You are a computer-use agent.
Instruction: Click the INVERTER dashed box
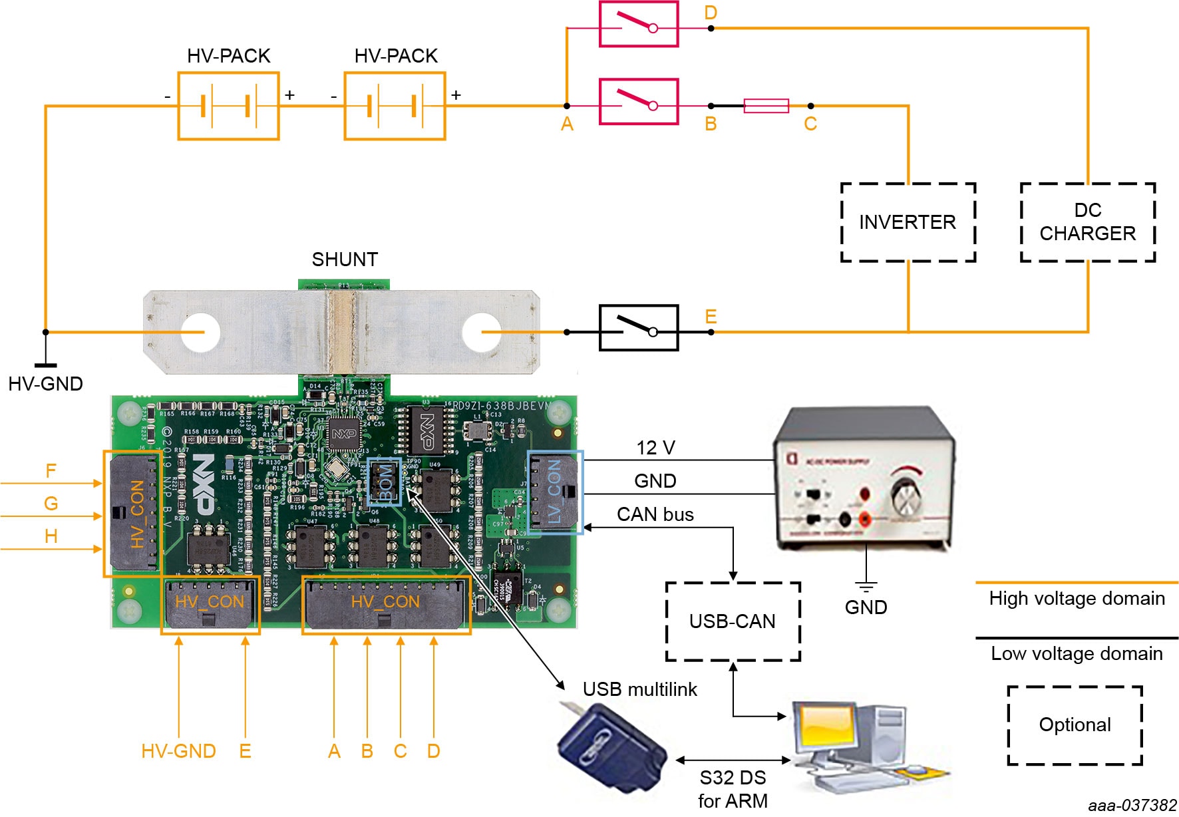(x=908, y=222)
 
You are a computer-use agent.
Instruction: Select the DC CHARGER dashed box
(x=1087, y=222)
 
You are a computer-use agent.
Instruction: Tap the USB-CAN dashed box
(x=733, y=621)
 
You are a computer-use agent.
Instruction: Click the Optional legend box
(x=1075, y=725)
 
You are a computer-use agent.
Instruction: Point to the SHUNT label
(x=345, y=259)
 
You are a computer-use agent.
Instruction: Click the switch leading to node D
(x=639, y=25)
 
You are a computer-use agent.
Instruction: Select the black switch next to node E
(x=639, y=328)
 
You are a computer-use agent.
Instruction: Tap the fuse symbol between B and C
(x=766, y=106)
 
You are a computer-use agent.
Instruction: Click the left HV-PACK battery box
(x=228, y=106)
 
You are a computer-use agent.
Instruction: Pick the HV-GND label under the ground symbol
(x=45, y=384)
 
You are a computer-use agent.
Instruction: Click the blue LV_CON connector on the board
(x=555, y=492)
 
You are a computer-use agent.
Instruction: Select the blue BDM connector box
(x=385, y=480)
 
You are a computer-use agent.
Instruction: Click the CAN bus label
(x=655, y=514)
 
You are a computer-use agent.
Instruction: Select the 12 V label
(x=655, y=448)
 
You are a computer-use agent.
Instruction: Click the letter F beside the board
(x=51, y=471)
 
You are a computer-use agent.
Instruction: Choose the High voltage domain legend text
(x=1077, y=599)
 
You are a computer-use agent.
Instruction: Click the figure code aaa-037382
(x=1132, y=806)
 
